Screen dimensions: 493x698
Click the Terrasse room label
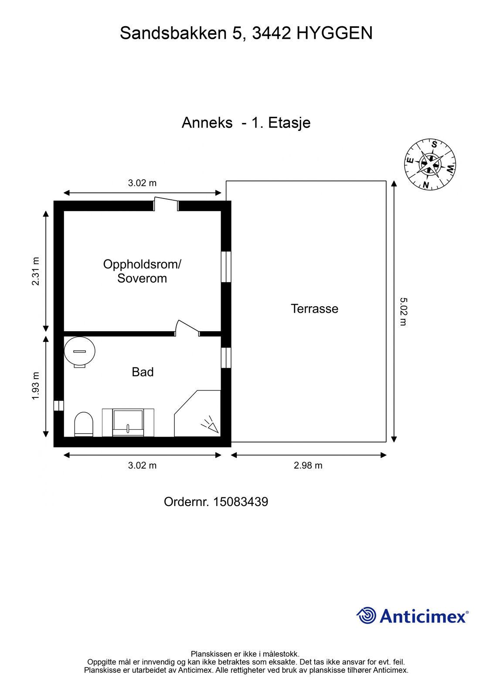[x=314, y=308]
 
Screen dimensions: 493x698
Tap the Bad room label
[x=143, y=372]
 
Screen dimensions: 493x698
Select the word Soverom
[x=142, y=278]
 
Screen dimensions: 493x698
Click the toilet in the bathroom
[x=84, y=424]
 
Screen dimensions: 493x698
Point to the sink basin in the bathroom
[x=128, y=423]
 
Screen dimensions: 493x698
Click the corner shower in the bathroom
[x=197, y=414]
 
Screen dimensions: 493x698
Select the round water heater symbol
[x=79, y=352]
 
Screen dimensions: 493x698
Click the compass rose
[x=430, y=164]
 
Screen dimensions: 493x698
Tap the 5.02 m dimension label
[x=403, y=311]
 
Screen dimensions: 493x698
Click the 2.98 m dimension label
[x=308, y=465]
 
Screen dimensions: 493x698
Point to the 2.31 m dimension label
[x=35, y=271]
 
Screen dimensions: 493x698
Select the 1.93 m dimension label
[x=35, y=386]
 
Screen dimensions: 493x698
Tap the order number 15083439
[x=241, y=502]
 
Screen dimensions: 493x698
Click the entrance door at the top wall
[x=166, y=204]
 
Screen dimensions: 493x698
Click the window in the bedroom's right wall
[x=226, y=267]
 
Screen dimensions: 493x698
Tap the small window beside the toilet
[x=58, y=406]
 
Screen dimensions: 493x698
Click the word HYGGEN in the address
[x=334, y=33]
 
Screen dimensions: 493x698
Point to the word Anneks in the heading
[x=207, y=123]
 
